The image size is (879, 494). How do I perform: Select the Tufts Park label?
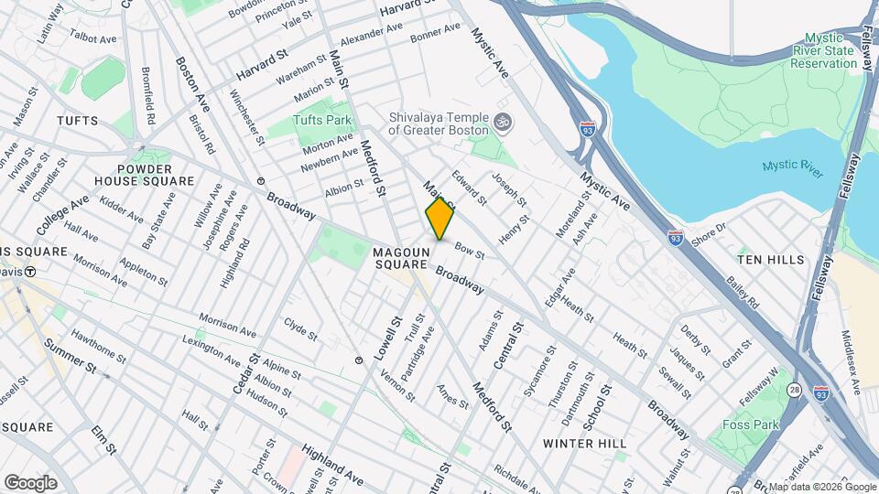pos(322,120)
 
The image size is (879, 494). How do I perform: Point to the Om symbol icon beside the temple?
pos(501,121)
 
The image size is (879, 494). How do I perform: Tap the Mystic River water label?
pos(792,166)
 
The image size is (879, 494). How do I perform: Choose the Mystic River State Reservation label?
pos(822,58)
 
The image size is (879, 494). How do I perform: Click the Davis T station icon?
pos(30,272)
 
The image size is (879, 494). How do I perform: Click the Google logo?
pos(30,482)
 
